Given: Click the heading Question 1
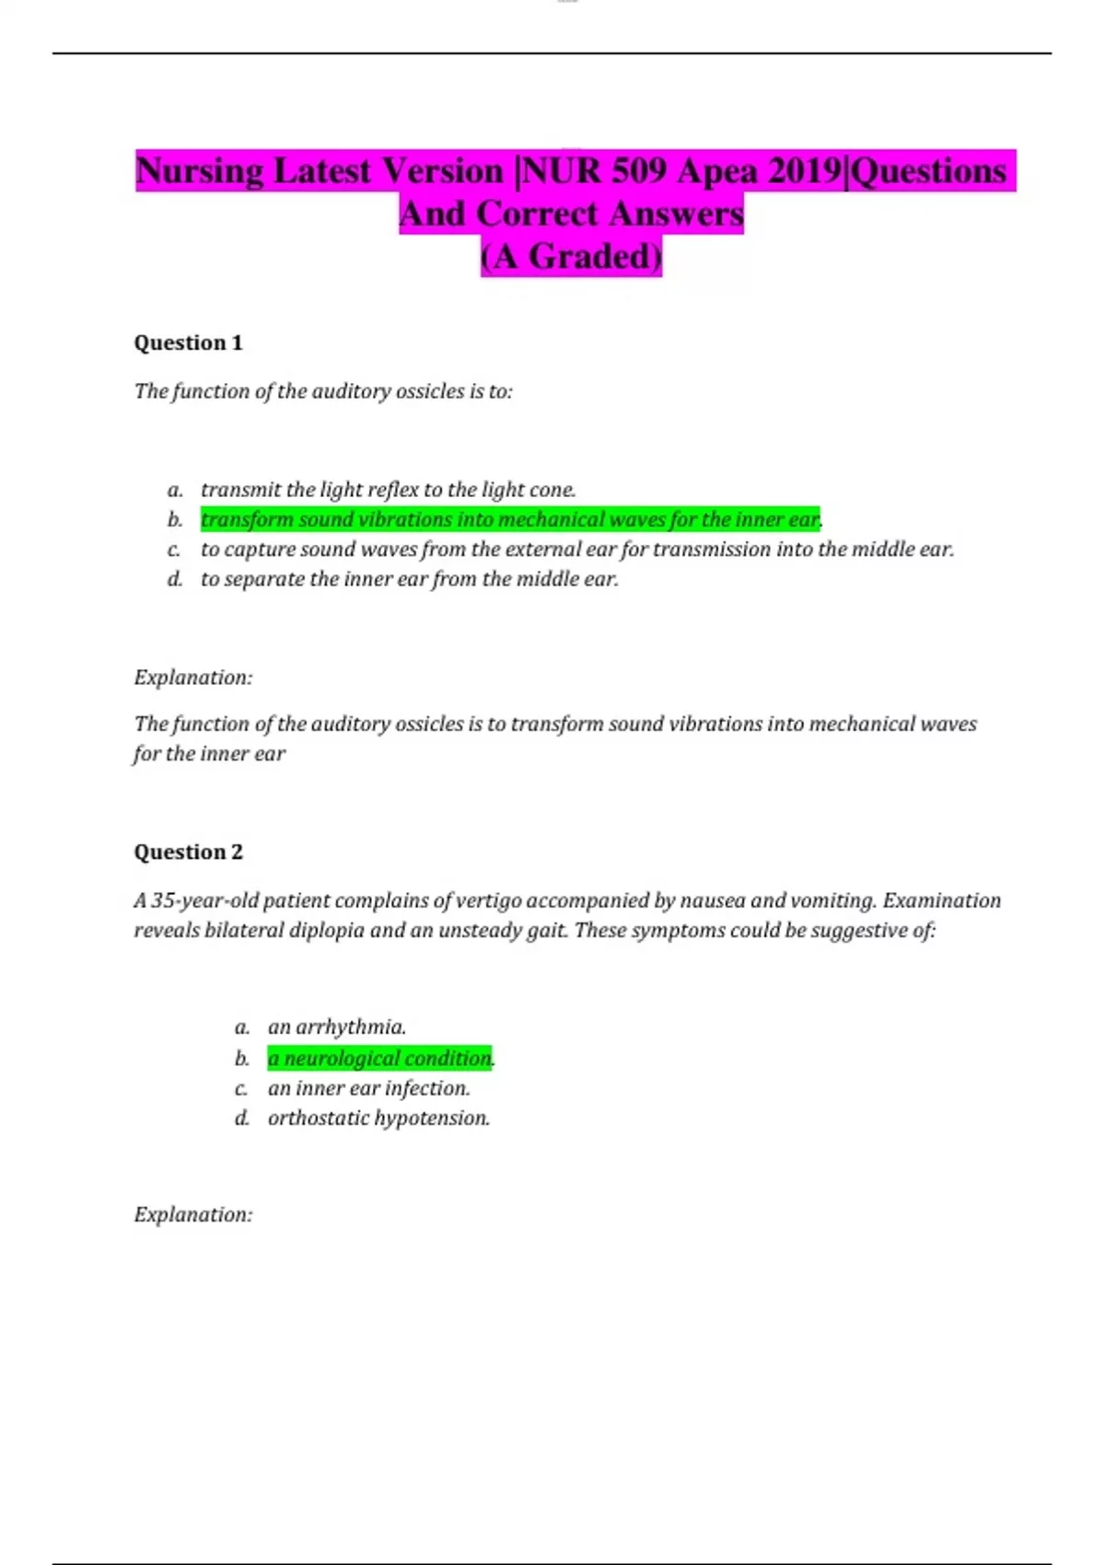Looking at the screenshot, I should point(188,343).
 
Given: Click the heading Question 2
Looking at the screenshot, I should point(188,852).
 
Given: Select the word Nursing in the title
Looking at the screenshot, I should point(199,171).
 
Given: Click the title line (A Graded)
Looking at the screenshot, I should point(571,257).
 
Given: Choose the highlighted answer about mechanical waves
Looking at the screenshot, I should point(509,520).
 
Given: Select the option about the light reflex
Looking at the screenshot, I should point(388,490).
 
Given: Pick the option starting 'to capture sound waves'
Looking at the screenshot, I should point(576,550).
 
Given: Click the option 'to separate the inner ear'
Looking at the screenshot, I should point(409,580).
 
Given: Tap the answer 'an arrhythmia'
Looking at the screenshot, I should point(336,1027).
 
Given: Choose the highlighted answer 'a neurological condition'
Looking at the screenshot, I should point(379,1059).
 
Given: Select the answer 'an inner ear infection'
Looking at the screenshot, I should point(368,1088).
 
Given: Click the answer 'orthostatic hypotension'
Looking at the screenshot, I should point(378,1119).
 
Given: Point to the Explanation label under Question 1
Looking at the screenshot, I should point(193,678).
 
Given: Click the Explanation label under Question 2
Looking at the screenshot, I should point(193,1215).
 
